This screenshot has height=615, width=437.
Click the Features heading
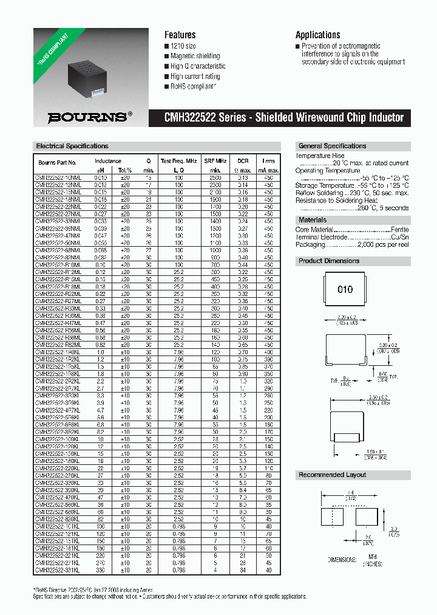[x=180, y=35]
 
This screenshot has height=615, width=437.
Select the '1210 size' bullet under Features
[x=183, y=46]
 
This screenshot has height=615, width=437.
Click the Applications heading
[x=317, y=35]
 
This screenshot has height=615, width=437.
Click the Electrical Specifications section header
[x=72, y=146]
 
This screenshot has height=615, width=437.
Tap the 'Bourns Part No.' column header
[x=58, y=162]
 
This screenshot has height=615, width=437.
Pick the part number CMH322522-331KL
[x=56, y=570]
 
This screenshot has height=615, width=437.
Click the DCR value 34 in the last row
[x=243, y=570]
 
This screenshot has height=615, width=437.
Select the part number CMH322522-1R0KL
[x=56, y=352]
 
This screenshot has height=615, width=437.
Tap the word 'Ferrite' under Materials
[x=398, y=230]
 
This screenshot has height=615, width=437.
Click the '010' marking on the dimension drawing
[x=345, y=289]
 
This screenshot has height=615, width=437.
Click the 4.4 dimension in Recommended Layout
[x=351, y=493]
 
